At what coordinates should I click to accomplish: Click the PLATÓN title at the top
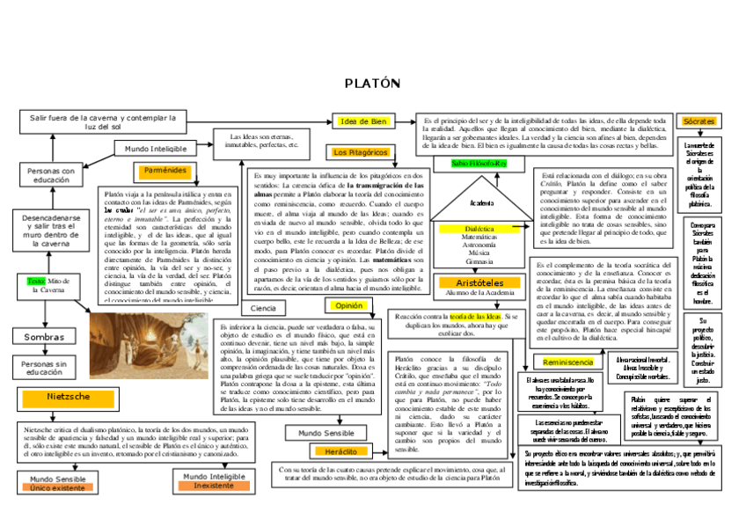tap(372, 84)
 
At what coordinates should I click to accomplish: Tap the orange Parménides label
tap(163, 170)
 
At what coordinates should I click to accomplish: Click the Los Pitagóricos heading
tap(360, 152)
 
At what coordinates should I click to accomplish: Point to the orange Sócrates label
tap(698, 121)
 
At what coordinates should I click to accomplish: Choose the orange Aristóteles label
tap(479, 283)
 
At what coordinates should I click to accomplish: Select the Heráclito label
tap(340, 450)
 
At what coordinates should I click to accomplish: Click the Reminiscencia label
tap(568, 362)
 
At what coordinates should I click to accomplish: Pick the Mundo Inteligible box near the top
tap(156, 149)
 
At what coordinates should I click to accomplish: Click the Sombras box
tap(44, 336)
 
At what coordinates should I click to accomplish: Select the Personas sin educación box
tap(44, 368)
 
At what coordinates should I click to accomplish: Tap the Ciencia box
tap(263, 308)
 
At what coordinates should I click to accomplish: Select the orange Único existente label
tap(58, 487)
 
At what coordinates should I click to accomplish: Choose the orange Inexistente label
tap(214, 486)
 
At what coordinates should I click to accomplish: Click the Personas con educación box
tap(51, 174)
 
